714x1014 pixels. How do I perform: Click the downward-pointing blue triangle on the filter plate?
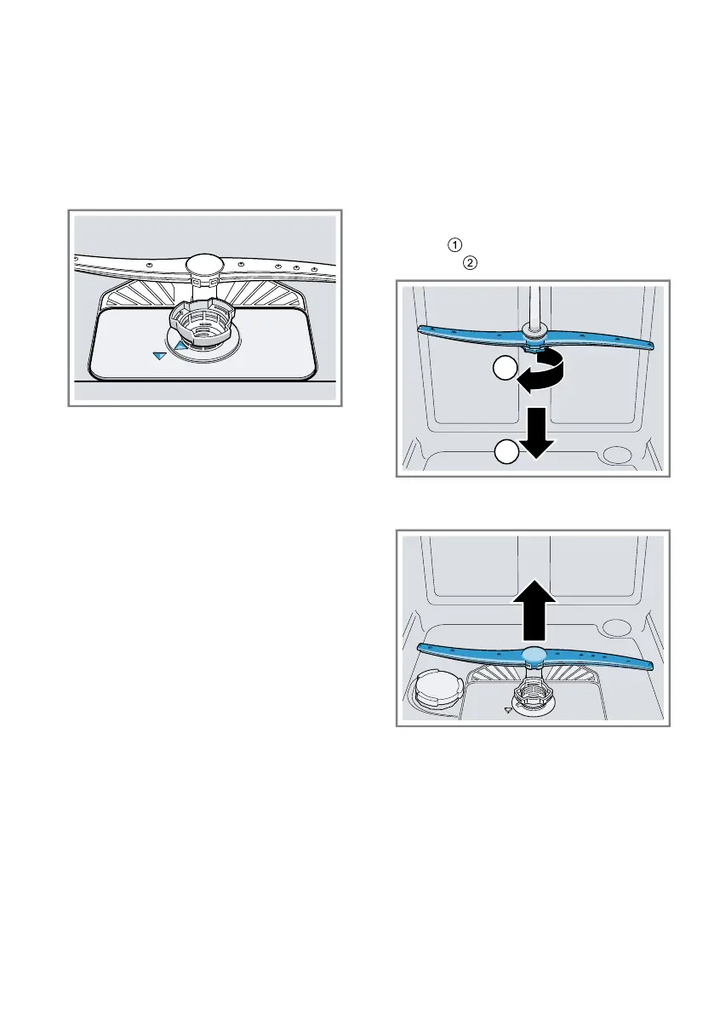point(158,357)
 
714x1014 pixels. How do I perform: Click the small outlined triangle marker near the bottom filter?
point(509,708)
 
